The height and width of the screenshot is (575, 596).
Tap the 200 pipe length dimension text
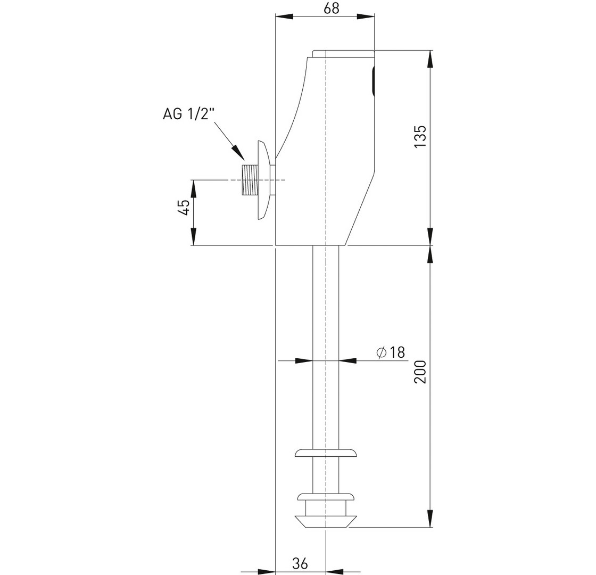(x=420, y=372)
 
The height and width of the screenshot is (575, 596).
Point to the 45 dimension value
(x=184, y=207)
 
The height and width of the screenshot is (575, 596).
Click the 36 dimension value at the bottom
(x=300, y=563)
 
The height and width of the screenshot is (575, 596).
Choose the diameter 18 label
(x=391, y=352)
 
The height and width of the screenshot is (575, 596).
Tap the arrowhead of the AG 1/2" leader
(x=239, y=153)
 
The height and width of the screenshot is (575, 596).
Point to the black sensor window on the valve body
(x=373, y=80)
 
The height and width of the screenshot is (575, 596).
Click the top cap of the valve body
(x=343, y=54)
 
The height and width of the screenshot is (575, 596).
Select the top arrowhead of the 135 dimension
(x=430, y=59)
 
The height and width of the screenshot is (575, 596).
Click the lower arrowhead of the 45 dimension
(x=194, y=236)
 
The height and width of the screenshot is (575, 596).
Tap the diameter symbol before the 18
(x=381, y=352)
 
